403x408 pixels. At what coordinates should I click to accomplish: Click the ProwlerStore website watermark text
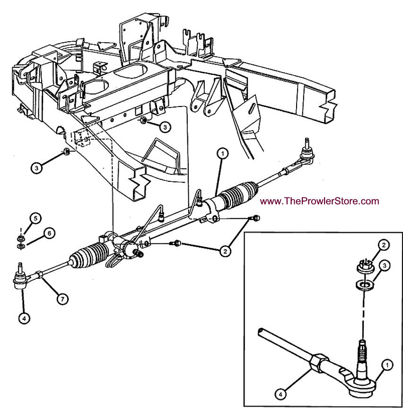click(320, 201)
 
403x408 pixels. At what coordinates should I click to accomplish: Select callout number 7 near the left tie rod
click(62, 299)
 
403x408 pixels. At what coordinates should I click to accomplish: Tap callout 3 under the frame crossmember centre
click(164, 127)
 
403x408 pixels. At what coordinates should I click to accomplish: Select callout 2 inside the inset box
click(384, 245)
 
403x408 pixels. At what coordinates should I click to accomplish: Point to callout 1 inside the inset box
click(387, 365)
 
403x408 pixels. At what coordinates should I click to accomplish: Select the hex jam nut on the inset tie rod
click(319, 363)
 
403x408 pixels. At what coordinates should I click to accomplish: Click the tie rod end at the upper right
click(307, 154)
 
